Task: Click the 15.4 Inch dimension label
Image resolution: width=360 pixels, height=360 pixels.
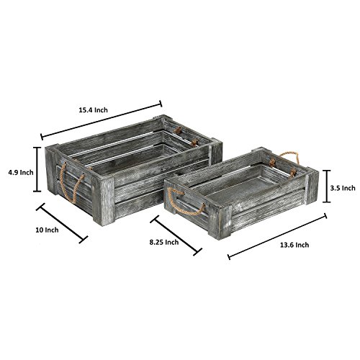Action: tap(94, 110)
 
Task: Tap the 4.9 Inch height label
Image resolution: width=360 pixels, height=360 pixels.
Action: tap(20, 172)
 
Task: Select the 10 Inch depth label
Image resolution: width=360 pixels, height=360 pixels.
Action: tap(47, 230)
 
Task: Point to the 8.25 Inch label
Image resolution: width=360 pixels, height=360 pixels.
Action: tap(164, 242)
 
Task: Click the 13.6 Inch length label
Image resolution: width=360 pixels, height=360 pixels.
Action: tap(294, 245)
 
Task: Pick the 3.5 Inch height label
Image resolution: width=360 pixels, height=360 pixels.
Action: tap(343, 188)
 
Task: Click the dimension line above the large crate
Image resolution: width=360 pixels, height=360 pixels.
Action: tap(102, 120)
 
